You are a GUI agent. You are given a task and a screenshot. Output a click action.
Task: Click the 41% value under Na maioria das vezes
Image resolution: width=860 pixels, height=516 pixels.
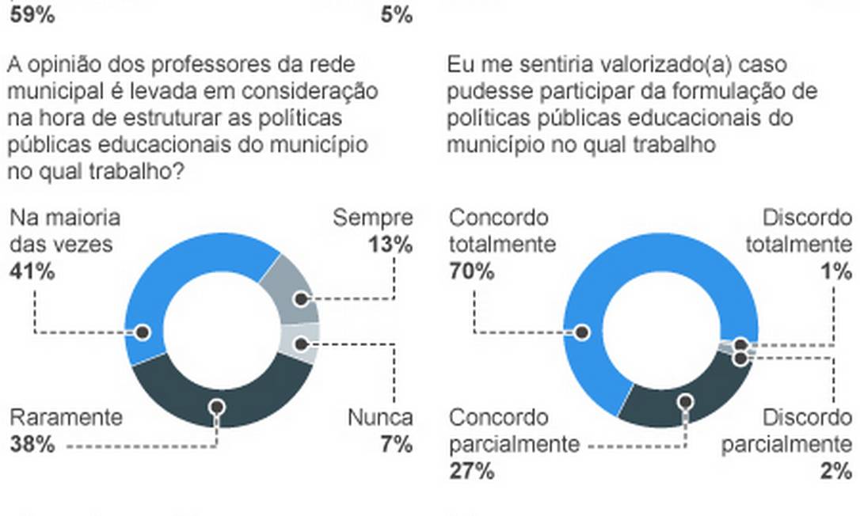tap(32, 272)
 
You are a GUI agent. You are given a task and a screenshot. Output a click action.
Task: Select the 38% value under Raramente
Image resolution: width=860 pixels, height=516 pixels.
tap(32, 445)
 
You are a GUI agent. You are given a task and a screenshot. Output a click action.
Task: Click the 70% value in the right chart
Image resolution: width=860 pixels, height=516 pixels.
tap(472, 272)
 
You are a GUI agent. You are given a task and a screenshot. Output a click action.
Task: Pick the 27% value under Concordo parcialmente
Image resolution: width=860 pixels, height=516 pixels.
tap(472, 472)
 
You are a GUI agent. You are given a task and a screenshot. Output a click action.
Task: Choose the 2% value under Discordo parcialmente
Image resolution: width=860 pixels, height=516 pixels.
tap(837, 472)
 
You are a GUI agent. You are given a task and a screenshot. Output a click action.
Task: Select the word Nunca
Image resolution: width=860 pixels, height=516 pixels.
tap(380, 418)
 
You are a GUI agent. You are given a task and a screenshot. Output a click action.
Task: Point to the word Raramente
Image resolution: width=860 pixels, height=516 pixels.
tap(66, 418)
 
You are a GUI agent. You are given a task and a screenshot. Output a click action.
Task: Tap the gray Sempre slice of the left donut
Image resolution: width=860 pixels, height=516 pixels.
tap(291, 289)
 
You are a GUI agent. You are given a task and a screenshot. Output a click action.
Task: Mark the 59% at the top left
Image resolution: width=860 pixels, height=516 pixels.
tap(32, 13)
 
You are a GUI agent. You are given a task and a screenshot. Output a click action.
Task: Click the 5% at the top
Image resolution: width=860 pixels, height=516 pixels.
tap(397, 13)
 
